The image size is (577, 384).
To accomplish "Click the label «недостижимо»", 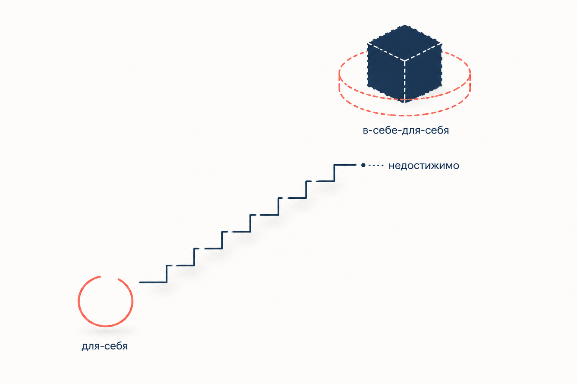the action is [x=424, y=166].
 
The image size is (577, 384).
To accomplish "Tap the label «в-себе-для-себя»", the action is [x=406, y=130].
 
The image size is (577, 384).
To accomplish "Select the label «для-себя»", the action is [x=104, y=346].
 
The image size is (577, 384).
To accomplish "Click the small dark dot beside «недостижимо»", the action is [x=363, y=165].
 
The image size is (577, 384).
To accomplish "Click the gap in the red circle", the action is [x=109, y=277].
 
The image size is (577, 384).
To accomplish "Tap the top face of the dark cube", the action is [x=405, y=43].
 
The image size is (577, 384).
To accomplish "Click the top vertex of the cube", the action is [x=405, y=25].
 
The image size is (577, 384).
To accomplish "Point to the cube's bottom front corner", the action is [x=405, y=102].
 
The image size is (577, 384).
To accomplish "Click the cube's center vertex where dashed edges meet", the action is [x=405, y=61].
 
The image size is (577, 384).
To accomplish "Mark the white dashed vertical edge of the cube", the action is [x=405, y=81].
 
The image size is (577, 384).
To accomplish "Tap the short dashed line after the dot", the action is [x=376, y=165].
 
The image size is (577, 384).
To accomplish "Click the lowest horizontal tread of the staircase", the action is [x=153, y=282].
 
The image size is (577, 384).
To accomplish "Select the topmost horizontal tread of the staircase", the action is [x=345, y=165].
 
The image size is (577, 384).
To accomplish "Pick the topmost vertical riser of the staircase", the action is [x=334, y=173].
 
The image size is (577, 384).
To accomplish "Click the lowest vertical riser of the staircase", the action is [x=167, y=274].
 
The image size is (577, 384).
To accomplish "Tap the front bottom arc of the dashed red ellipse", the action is [x=405, y=115].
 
